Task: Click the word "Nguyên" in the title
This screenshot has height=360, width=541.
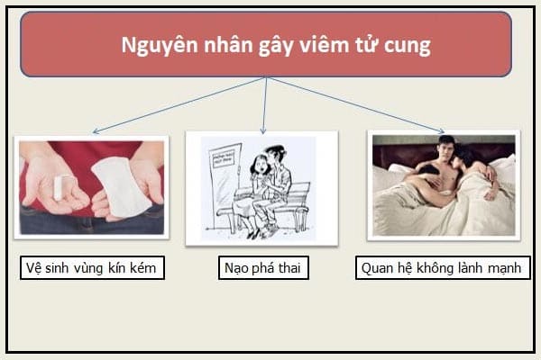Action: coord(160,46)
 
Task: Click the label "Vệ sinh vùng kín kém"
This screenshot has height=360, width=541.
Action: coord(92,267)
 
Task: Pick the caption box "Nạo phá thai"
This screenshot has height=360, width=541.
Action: coord(263,267)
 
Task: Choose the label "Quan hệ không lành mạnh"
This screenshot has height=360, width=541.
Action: coord(443,267)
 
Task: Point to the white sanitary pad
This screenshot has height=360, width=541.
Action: coord(121,187)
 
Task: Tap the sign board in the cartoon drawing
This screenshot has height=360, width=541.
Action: coord(224,159)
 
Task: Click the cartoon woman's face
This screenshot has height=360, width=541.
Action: coord(261,166)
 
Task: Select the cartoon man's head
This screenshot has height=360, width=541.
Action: coord(275,154)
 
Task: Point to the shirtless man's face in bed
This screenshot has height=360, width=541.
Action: coord(446,149)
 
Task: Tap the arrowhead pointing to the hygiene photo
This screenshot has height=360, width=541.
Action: coord(96,130)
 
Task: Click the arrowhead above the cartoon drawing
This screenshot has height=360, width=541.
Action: coord(263,131)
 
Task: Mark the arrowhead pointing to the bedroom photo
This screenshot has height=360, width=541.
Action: coord(441,130)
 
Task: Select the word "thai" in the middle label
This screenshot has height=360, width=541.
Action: coord(289,267)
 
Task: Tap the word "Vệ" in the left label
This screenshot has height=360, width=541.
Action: coord(34,267)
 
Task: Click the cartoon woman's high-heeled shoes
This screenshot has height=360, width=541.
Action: coord(255,234)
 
